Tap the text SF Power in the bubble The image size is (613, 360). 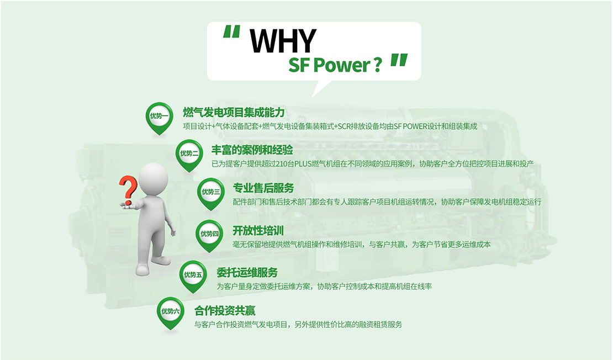tap(330, 65)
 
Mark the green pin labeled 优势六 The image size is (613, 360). tap(171, 313)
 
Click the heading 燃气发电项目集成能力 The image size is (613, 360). tap(234, 113)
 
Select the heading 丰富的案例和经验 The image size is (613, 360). tap(252, 150)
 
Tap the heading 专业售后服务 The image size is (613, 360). tap(263, 188)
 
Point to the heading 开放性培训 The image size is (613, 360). tap(258, 231)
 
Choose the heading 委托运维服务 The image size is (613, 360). tap(247, 272)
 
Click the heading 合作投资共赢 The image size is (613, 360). tap(225, 311)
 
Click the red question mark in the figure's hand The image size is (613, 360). tap(128, 189)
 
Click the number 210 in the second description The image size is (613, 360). tap(282, 164)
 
